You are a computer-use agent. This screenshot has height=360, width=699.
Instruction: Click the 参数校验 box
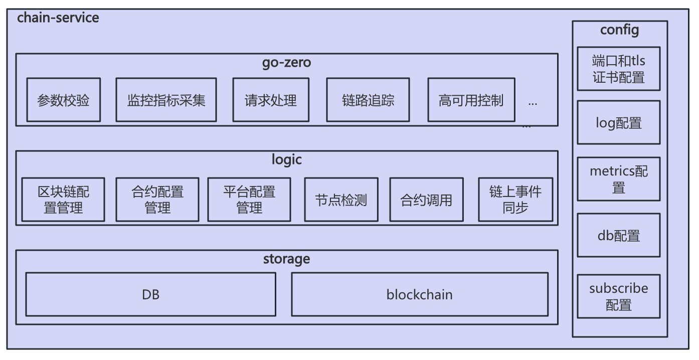click(63, 100)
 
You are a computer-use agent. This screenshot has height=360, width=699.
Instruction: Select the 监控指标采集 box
click(166, 100)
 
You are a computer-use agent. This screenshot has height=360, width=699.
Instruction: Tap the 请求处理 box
click(271, 100)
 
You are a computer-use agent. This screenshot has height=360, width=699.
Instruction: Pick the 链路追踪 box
click(368, 100)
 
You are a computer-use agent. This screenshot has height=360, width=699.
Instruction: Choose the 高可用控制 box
click(471, 100)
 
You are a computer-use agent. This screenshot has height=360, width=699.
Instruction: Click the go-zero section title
click(286, 63)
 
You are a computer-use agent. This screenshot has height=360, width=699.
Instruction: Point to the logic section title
click(286, 159)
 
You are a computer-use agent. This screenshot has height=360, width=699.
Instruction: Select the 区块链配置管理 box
click(63, 200)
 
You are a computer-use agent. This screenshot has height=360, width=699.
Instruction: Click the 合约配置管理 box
click(157, 200)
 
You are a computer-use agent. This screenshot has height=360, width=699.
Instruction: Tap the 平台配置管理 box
click(249, 200)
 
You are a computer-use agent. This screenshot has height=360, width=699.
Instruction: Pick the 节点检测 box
click(341, 200)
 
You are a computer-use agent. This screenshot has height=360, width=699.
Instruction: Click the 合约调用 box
click(426, 200)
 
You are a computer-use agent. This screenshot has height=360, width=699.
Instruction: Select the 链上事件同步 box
click(515, 200)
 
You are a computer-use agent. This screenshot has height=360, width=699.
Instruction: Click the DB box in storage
click(150, 294)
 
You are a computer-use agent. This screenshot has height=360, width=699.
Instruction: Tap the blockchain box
click(419, 294)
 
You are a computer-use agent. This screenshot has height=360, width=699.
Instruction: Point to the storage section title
click(286, 259)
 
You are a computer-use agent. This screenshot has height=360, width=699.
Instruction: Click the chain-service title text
click(58, 18)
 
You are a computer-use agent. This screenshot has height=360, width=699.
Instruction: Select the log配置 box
click(618, 122)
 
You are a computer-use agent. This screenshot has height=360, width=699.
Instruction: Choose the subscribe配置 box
click(618, 296)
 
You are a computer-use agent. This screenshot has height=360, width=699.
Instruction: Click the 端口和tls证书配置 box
click(618, 69)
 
